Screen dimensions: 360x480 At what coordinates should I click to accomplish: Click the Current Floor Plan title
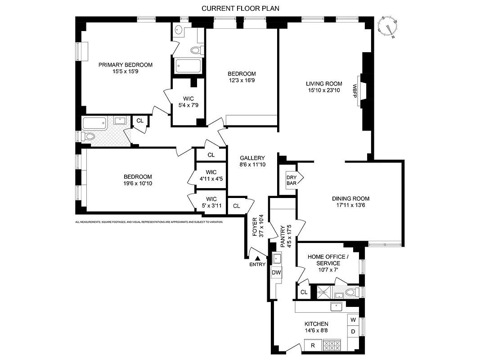[x=240, y=9]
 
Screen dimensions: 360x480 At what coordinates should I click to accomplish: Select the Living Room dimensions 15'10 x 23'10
[x=324, y=90]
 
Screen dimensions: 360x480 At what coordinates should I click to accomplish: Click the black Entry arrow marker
[x=257, y=258]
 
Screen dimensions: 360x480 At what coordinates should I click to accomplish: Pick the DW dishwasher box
[x=276, y=272]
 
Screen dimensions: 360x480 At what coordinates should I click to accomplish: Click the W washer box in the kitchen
[x=353, y=320]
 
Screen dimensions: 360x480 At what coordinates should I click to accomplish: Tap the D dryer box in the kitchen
[x=353, y=332]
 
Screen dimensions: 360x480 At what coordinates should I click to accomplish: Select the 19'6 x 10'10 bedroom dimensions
[x=138, y=184]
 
